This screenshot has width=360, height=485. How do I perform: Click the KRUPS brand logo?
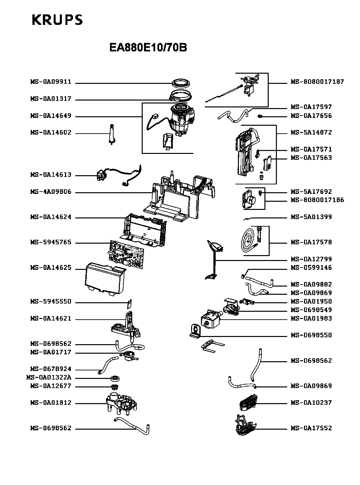click(57, 20)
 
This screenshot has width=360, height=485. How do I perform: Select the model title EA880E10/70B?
click(148, 48)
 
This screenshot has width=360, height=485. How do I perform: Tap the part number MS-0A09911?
click(51, 82)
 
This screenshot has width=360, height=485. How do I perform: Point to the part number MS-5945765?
click(51, 243)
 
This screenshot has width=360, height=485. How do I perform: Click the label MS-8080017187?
click(317, 82)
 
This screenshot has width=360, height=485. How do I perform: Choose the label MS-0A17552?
click(311, 428)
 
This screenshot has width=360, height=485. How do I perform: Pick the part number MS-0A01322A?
click(48, 378)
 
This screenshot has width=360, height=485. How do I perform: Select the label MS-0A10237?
click(311, 403)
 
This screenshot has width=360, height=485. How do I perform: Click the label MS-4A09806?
click(51, 192)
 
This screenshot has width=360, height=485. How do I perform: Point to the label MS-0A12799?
click(311, 259)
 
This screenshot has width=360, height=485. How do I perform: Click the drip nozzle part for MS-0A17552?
click(245, 426)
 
